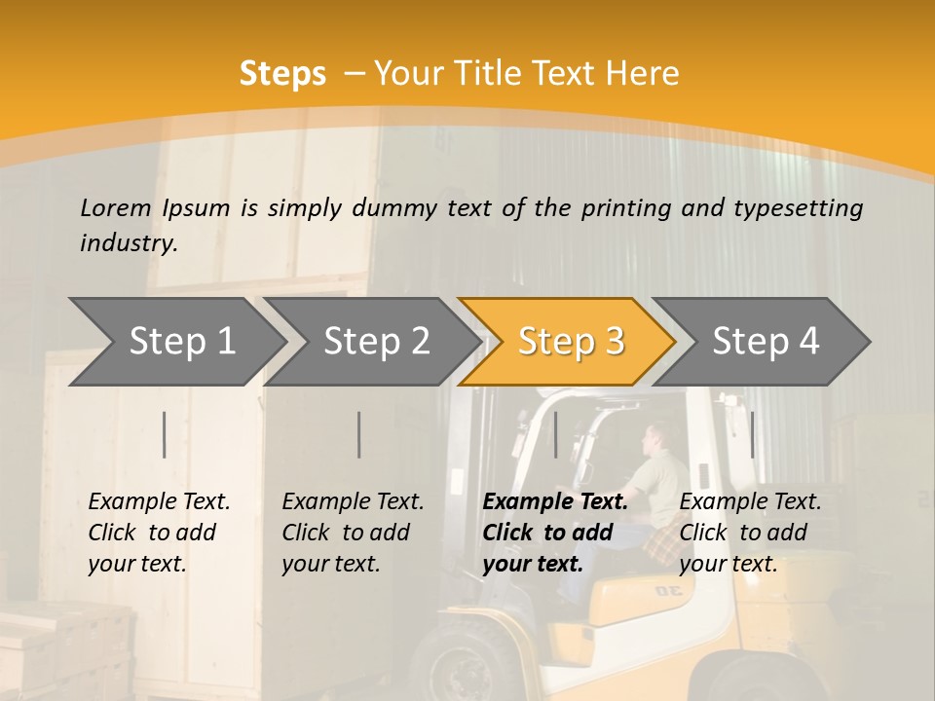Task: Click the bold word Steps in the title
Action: click(x=282, y=73)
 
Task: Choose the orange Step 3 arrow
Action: click(x=571, y=342)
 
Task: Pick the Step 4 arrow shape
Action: click(x=766, y=342)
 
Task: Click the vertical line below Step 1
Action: click(x=165, y=434)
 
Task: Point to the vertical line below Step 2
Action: click(x=359, y=434)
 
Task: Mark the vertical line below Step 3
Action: click(x=555, y=434)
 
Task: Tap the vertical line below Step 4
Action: click(x=752, y=434)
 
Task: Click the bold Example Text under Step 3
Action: click(x=555, y=502)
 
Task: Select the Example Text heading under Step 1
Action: click(x=159, y=502)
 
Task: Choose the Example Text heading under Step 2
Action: click(x=353, y=502)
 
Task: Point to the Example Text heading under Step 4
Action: click(x=750, y=502)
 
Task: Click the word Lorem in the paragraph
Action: click(x=116, y=207)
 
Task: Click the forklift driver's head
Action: click(x=661, y=439)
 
